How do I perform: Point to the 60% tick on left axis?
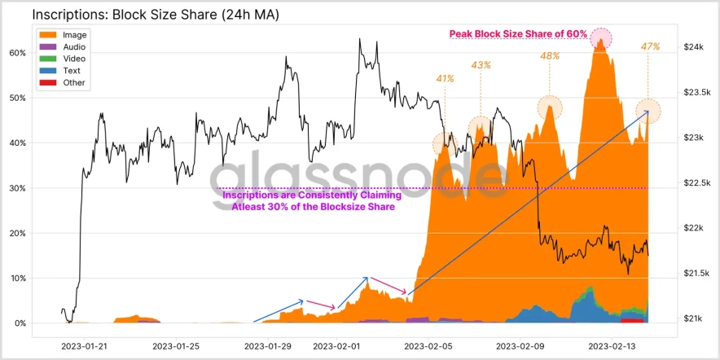[x=16, y=53]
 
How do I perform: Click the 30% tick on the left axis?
[x=16, y=188]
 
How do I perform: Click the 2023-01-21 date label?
[x=84, y=346]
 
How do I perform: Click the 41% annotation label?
[x=445, y=79]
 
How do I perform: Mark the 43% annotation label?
[x=481, y=65]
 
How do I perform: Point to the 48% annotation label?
[x=550, y=56]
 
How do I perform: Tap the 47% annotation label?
[x=650, y=47]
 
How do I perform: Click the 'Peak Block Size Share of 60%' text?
[x=519, y=34]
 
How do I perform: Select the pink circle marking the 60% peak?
[x=601, y=37]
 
